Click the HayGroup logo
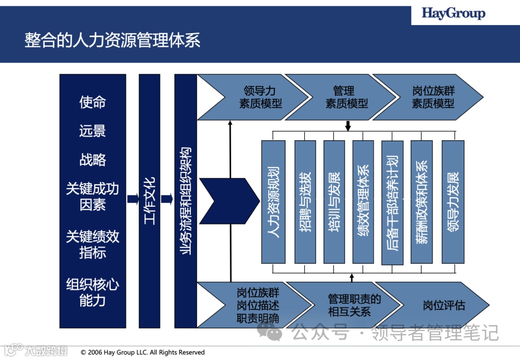click(x=453, y=13)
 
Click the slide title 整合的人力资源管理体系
click(x=112, y=40)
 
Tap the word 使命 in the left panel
click(x=92, y=102)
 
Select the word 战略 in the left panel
click(x=92, y=160)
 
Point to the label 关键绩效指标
click(x=92, y=244)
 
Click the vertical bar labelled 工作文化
click(x=149, y=200)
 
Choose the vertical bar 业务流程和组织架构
click(x=185, y=200)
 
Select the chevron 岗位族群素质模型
click(x=432, y=97)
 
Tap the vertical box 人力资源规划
click(x=273, y=201)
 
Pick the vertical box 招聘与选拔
click(x=305, y=201)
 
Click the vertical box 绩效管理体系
click(x=363, y=201)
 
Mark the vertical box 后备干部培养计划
click(x=392, y=202)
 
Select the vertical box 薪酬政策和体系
click(x=421, y=201)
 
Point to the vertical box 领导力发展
click(x=453, y=201)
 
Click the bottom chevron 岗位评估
click(x=443, y=305)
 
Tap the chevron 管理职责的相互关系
click(x=353, y=305)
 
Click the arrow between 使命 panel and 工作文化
click(x=132, y=199)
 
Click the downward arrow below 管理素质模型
click(x=348, y=125)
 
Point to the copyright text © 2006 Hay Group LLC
click(x=143, y=352)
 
